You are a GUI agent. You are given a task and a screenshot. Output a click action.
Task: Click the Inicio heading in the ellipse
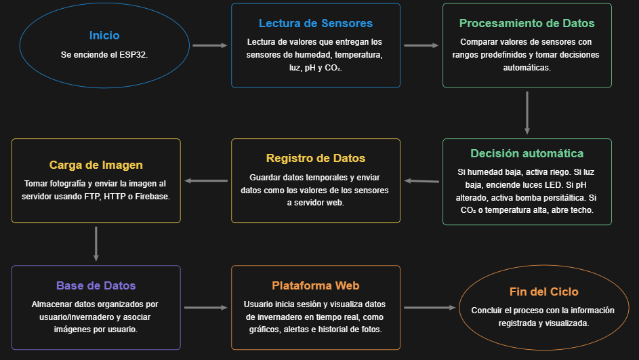[104, 35]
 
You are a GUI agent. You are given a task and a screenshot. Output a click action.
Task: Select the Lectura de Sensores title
[316, 23]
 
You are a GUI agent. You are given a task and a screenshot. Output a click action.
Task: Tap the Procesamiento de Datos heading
[527, 23]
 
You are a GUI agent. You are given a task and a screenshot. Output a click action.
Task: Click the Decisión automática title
[527, 153]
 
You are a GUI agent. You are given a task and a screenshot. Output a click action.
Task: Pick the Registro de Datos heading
[316, 159]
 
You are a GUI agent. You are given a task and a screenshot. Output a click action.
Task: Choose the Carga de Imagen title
[96, 165]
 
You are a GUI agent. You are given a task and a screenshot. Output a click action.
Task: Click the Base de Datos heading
[96, 285]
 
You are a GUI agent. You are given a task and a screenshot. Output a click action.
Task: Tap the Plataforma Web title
[316, 285]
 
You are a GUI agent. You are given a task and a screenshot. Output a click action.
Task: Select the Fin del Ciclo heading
[544, 292]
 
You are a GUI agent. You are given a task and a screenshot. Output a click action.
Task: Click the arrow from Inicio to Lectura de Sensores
[210, 45]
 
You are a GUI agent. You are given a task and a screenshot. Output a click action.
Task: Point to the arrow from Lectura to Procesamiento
[421, 45]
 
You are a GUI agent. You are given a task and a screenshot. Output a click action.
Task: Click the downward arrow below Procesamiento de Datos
[527, 113]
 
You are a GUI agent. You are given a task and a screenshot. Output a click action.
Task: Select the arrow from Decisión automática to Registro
[421, 181]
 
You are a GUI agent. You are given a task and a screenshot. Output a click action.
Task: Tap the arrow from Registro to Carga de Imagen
[207, 181]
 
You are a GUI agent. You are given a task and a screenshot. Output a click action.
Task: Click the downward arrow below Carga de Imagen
[96, 244]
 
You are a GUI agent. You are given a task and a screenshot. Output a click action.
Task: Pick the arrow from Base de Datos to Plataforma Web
[206, 308]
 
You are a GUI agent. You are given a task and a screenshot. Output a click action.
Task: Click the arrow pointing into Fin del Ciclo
[430, 308]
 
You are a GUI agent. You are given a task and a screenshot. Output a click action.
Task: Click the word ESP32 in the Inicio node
[134, 54]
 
